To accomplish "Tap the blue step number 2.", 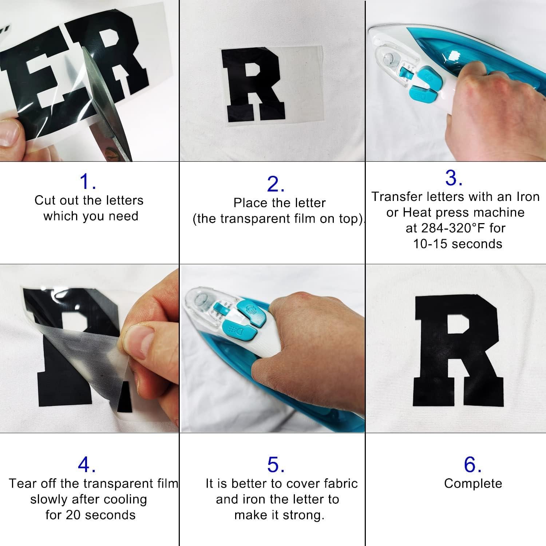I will [x=275, y=184].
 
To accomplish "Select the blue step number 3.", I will [x=454, y=178].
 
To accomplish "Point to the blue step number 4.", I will [x=87, y=464].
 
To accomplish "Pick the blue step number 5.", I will [x=275, y=465].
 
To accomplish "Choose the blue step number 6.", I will [x=472, y=465].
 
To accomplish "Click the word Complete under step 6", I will [x=473, y=483].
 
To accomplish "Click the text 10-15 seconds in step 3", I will [x=458, y=244].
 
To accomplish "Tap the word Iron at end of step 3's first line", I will [x=528, y=197].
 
